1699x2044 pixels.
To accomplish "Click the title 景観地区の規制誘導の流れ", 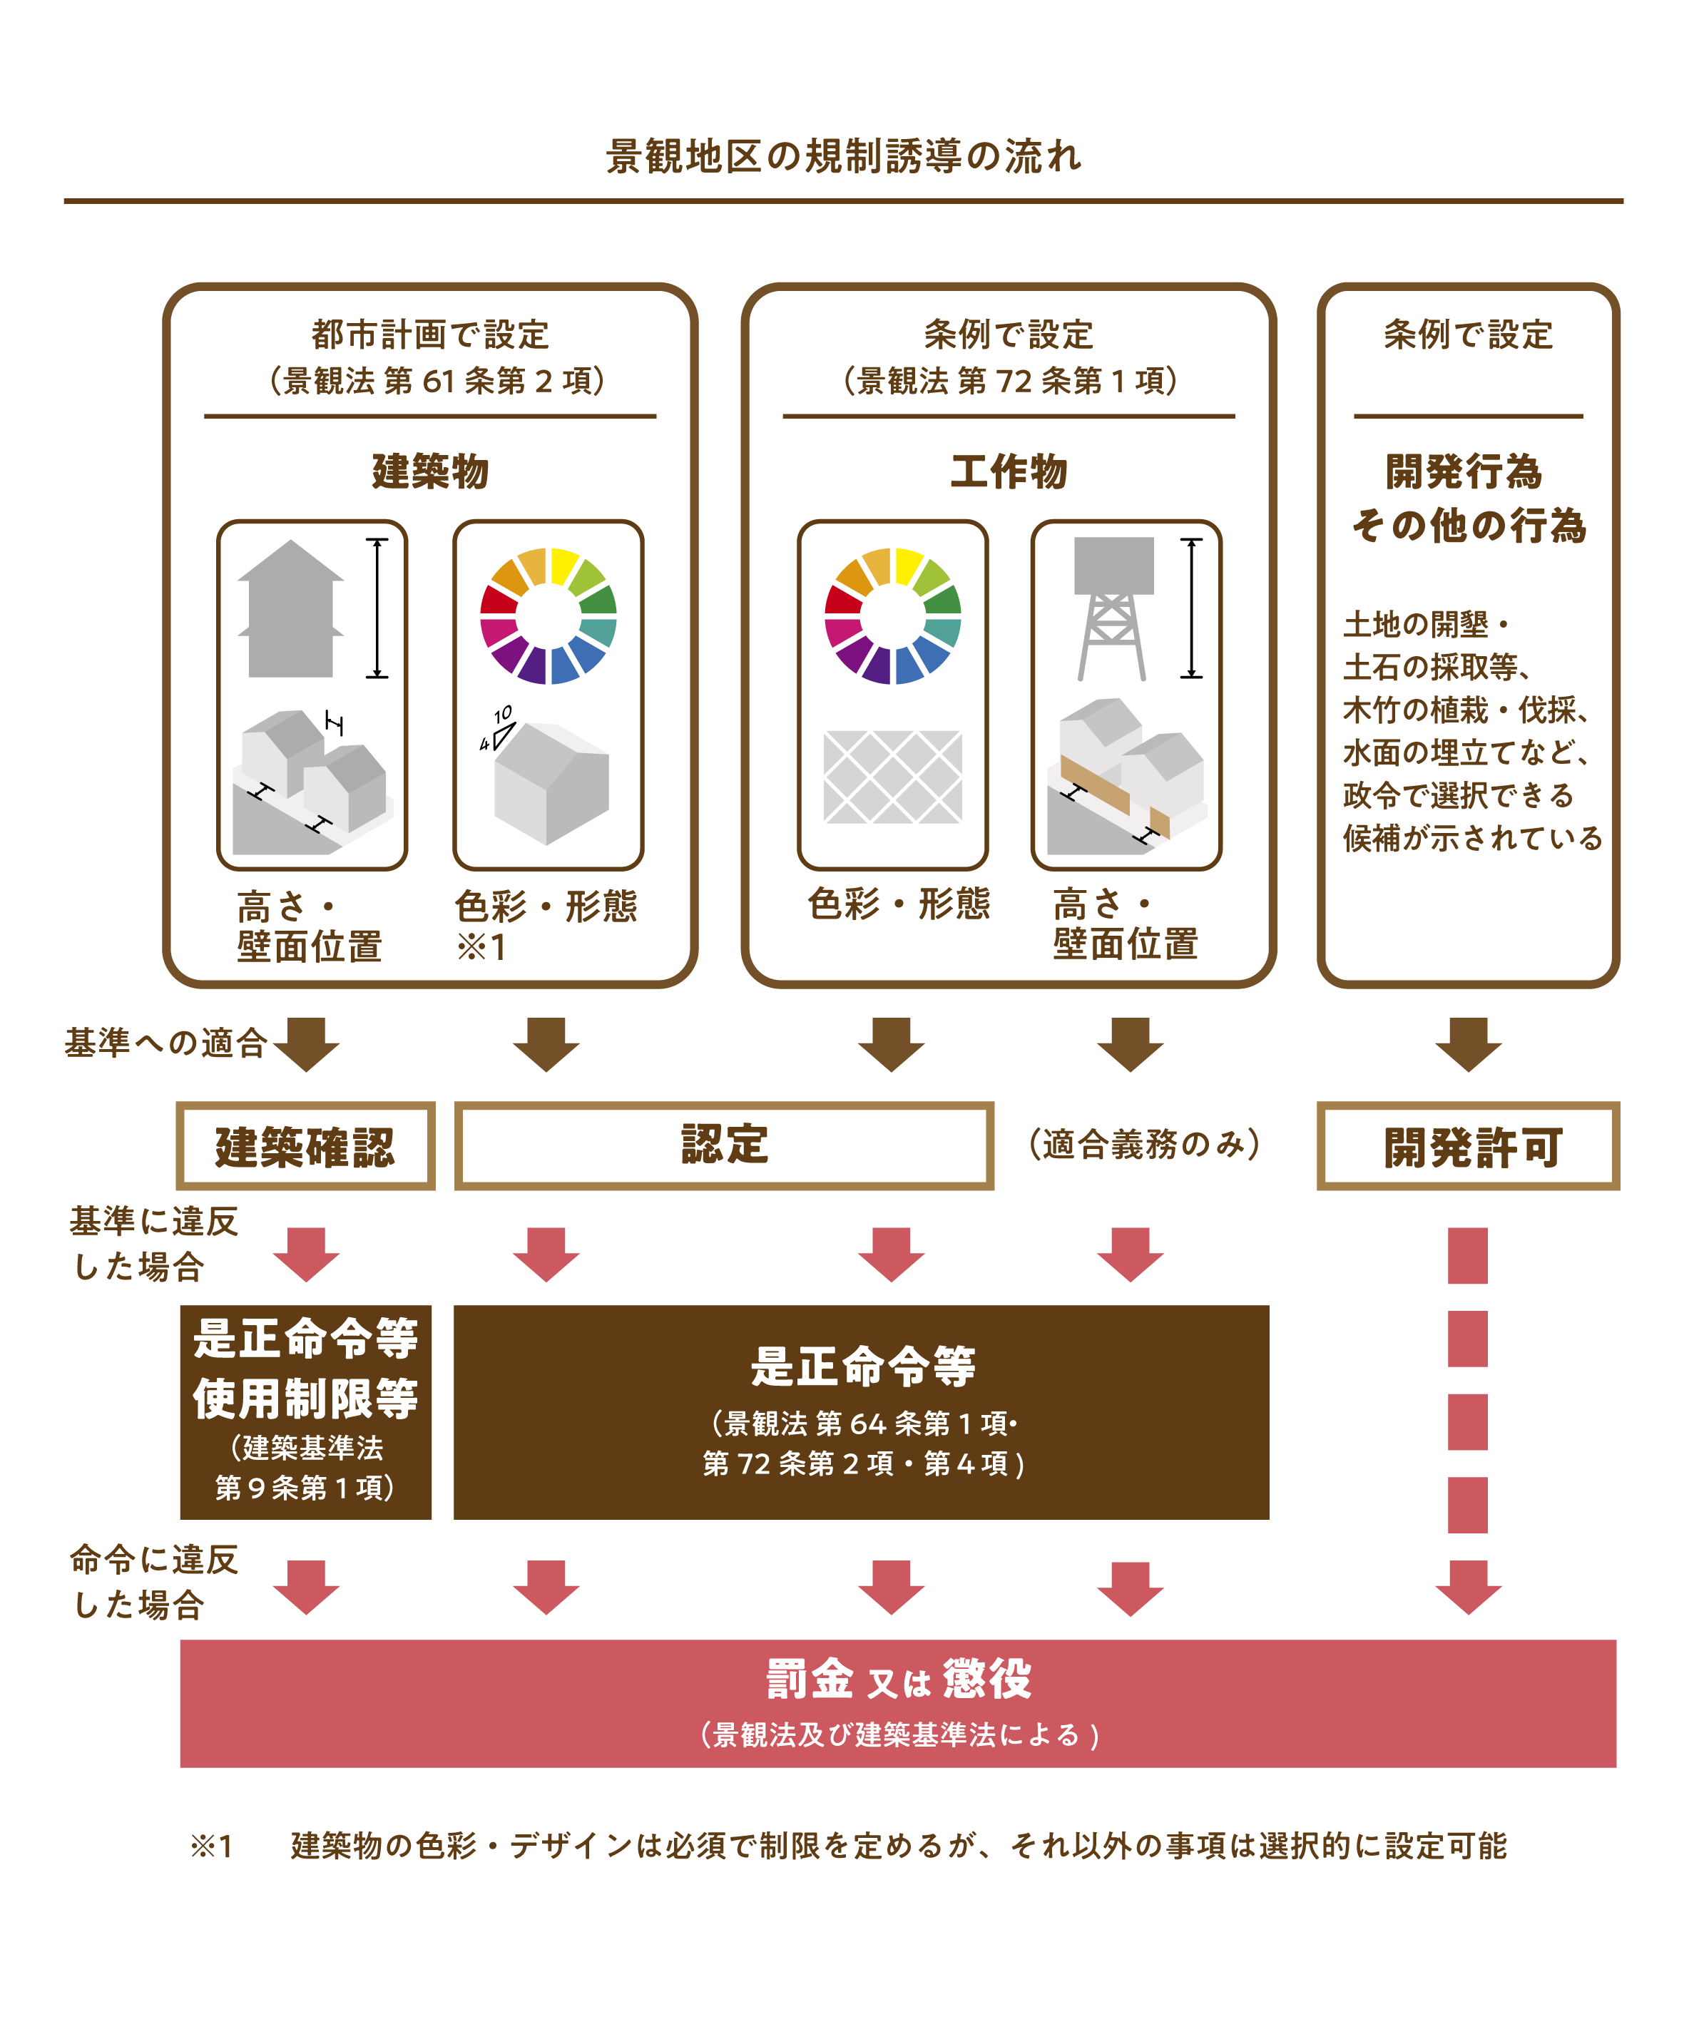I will (843, 155).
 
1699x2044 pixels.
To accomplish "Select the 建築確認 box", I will (305, 1145).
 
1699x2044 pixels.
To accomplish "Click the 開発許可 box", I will (1467, 1145).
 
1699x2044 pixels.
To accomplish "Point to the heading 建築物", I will (429, 471).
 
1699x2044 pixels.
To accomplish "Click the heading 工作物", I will (1009, 471).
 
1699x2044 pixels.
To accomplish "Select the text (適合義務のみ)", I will (1144, 1144).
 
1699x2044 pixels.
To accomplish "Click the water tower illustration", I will (1113, 608).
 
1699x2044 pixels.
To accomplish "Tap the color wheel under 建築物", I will (549, 616).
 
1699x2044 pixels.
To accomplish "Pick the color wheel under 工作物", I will (893, 616).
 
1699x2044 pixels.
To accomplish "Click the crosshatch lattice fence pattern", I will (893, 777).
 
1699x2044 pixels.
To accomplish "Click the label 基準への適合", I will (165, 1043).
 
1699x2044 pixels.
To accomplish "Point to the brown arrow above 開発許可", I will (1467, 1043).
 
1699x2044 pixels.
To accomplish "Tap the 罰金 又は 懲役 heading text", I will (898, 1679).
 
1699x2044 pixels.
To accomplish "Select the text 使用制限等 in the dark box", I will (305, 1398).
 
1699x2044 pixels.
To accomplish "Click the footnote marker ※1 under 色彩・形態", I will (481, 946).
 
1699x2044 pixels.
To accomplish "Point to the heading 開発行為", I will (1464, 471).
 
